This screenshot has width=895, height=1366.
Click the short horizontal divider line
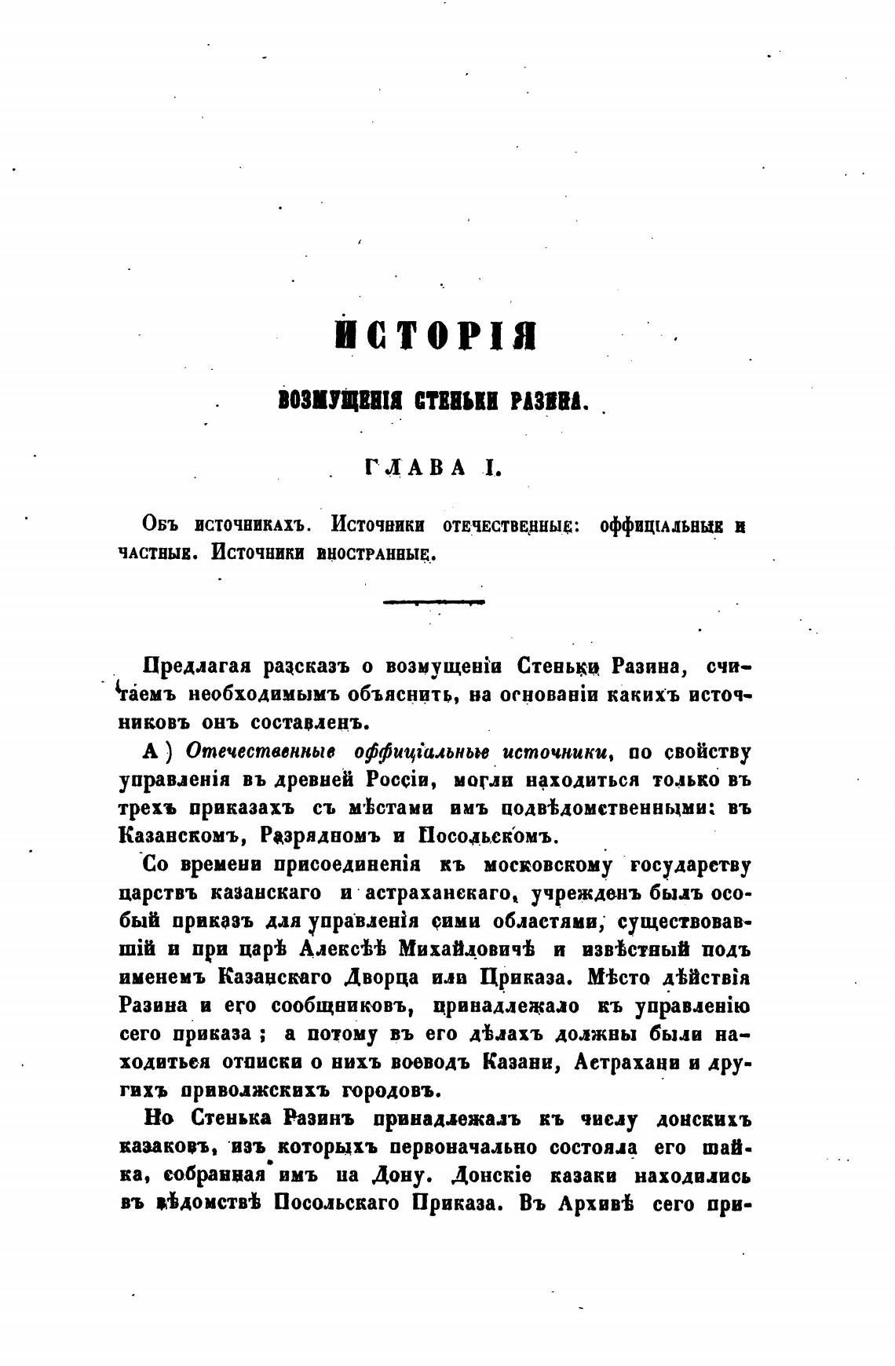coord(433,602)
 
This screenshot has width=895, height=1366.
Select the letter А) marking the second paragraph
coord(155,752)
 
